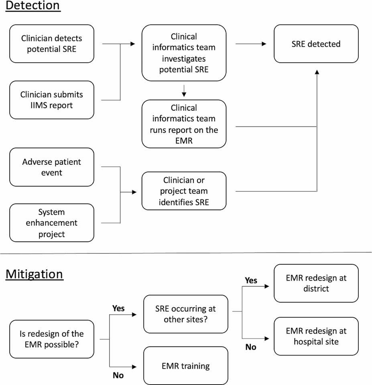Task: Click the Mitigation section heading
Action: [x=35, y=274]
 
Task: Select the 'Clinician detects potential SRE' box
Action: [x=51, y=44]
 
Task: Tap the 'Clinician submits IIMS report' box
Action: [x=51, y=100]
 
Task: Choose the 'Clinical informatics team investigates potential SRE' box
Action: [x=184, y=53]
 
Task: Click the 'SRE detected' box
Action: [x=316, y=44]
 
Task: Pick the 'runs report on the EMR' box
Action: [x=184, y=124]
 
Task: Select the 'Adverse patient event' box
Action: [x=51, y=167]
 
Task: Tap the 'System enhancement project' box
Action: [x=51, y=223]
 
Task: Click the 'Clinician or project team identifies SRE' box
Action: [x=184, y=191]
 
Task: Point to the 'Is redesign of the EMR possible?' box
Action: [x=51, y=339]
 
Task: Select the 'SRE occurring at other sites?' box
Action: [x=185, y=314]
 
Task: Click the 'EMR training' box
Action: [x=185, y=365]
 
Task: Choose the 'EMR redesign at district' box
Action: [x=316, y=283]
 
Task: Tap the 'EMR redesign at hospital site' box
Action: [x=316, y=336]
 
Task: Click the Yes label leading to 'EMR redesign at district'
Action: [x=251, y=281]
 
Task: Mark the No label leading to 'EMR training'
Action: [x=118, y=375]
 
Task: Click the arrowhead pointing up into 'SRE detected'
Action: [x=317, y=71]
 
